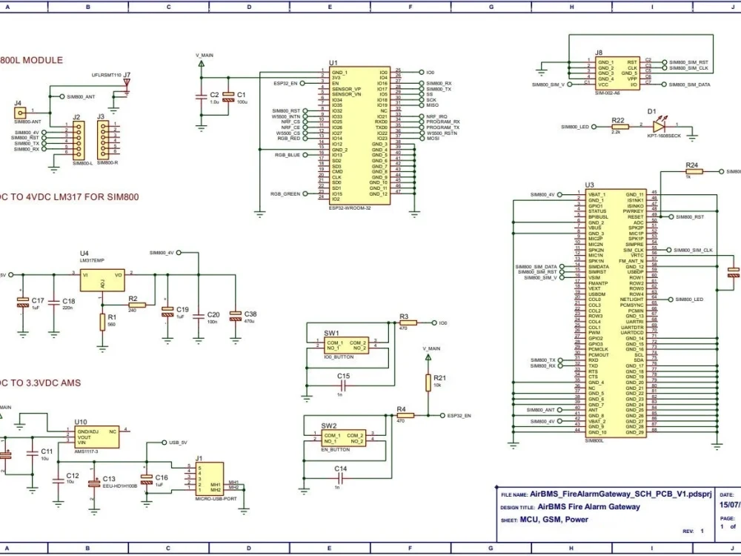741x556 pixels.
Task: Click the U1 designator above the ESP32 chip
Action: click(333, 63)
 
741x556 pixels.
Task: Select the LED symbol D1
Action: click(654, 126)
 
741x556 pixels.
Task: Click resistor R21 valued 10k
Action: click(428, 382)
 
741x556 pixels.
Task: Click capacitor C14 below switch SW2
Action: click(340, 479)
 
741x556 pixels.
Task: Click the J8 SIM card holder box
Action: click(618, 73)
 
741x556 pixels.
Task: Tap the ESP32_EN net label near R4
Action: click(459, 416)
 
